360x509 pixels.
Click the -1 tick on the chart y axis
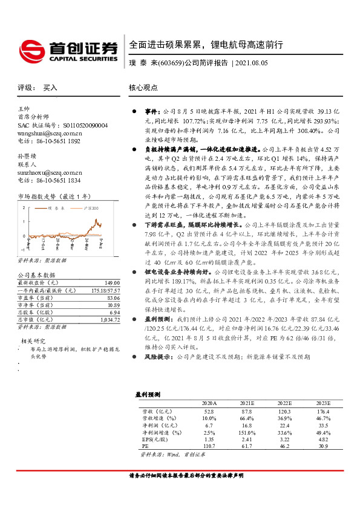23,248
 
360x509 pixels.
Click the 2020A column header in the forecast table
209,403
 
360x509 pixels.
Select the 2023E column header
323,403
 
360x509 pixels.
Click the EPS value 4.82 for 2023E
324,438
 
